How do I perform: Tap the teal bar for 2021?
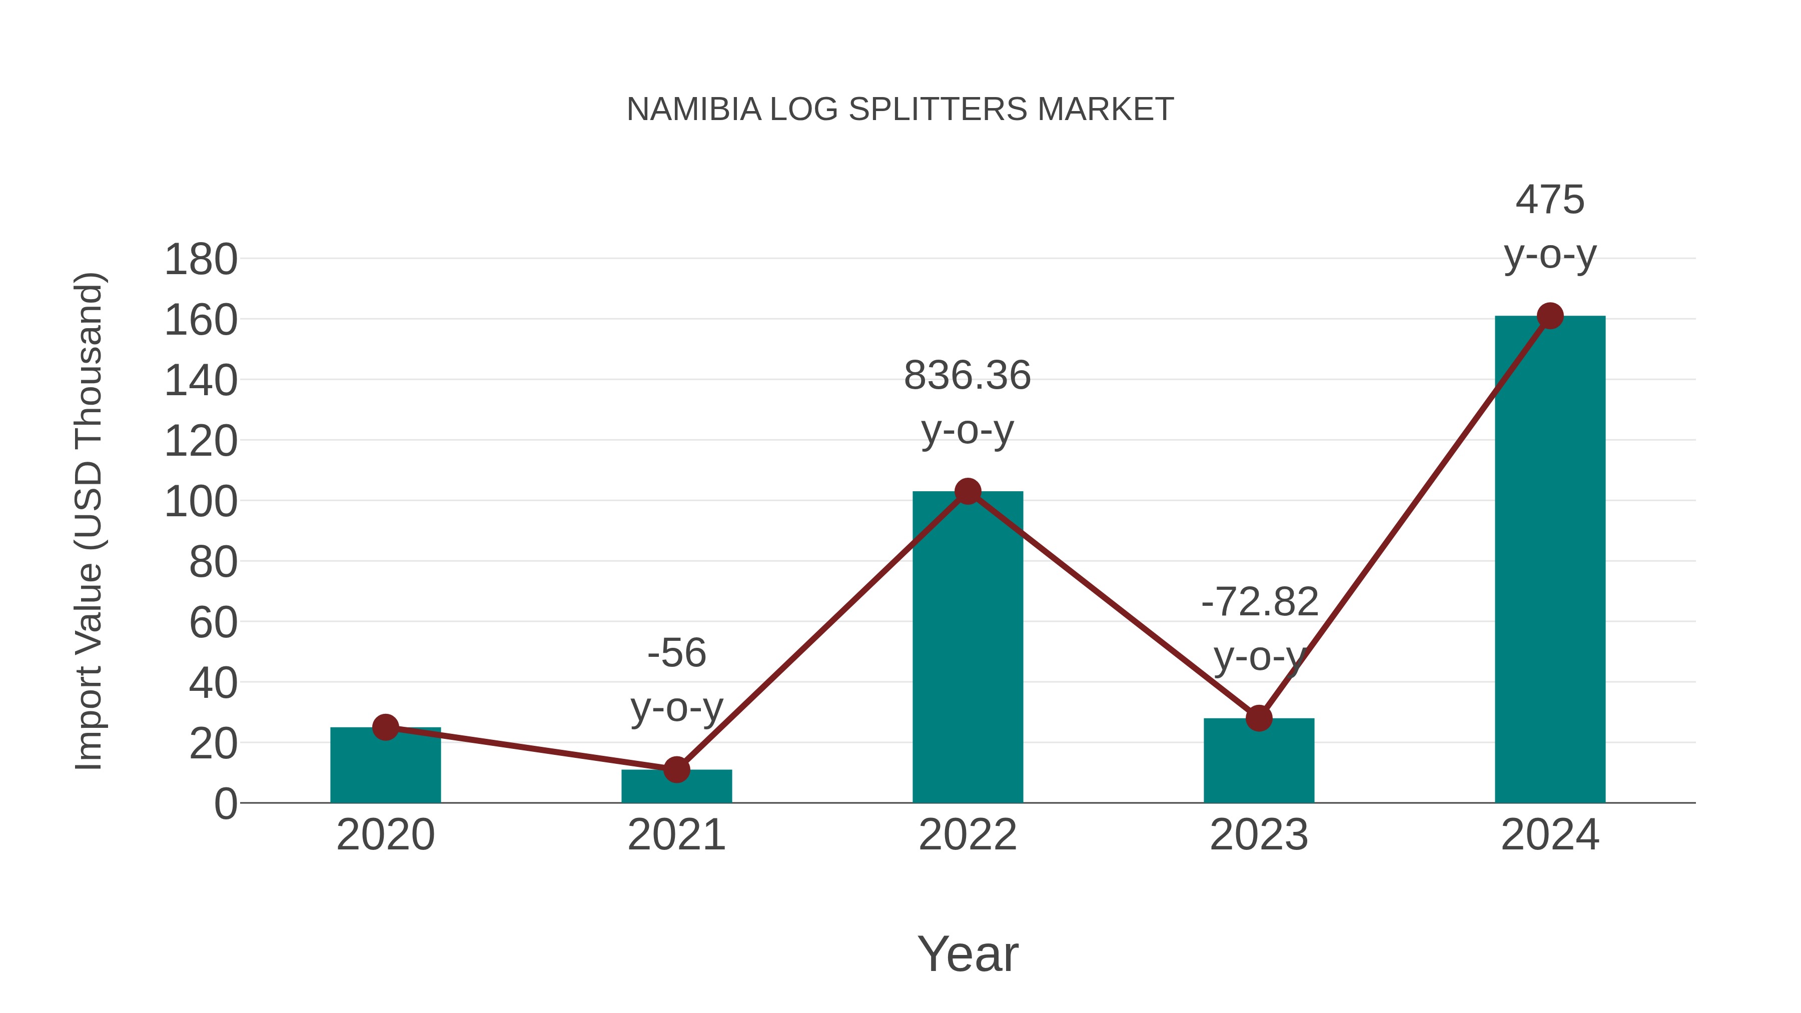coord(676,787)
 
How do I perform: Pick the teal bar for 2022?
coord(967,650)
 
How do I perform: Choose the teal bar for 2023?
coord(1259,762)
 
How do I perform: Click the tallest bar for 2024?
coord(1549,559)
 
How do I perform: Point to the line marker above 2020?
coord(385,728)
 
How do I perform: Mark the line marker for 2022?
coord(967,491)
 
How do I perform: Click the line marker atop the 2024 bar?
coord(1549,316)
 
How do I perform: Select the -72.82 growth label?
coord(1259,602)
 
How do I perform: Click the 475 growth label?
coord(1549,200)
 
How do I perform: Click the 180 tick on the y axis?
coord(201,260)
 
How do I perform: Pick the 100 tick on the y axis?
coord(201,502)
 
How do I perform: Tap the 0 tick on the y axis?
coord(225,804)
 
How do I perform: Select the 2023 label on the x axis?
coord(1259,835)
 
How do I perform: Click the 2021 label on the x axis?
coord(676,835)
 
